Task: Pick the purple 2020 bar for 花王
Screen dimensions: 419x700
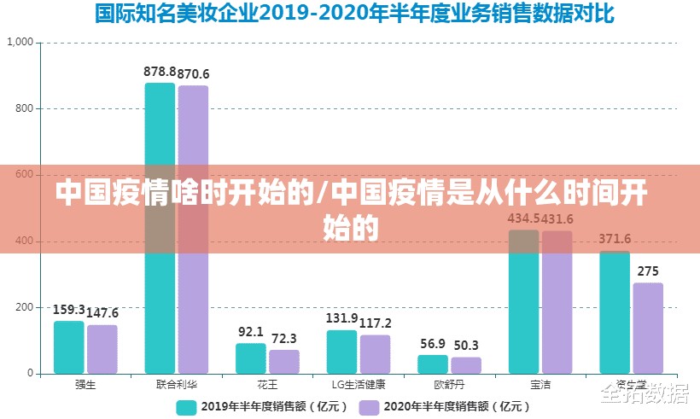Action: click(x=284, y=362)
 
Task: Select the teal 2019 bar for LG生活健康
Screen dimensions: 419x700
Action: click(x=341, y=352)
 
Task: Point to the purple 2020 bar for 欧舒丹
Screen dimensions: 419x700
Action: click(x=466, y=365)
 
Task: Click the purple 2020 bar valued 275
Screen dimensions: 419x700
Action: click(x=648, y=329)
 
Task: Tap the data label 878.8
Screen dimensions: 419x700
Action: click(x=160, y=72)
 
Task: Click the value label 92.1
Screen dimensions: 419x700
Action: click(x=250, y=331)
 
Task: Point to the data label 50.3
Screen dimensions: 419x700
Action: click(x=466, y=345)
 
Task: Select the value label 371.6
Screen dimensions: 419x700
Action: click(x=615, y=238)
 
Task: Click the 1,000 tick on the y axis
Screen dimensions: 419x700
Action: click(x=20, y=42)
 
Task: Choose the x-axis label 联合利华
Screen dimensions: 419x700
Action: click(x=177, y=385)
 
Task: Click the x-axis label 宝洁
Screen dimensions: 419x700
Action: click(x=540, y=385)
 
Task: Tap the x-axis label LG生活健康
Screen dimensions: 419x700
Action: click(x=359, y=385)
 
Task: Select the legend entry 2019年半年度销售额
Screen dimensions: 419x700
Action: click(x=258, y=407)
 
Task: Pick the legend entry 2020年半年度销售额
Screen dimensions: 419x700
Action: click(x=440, y=407)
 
